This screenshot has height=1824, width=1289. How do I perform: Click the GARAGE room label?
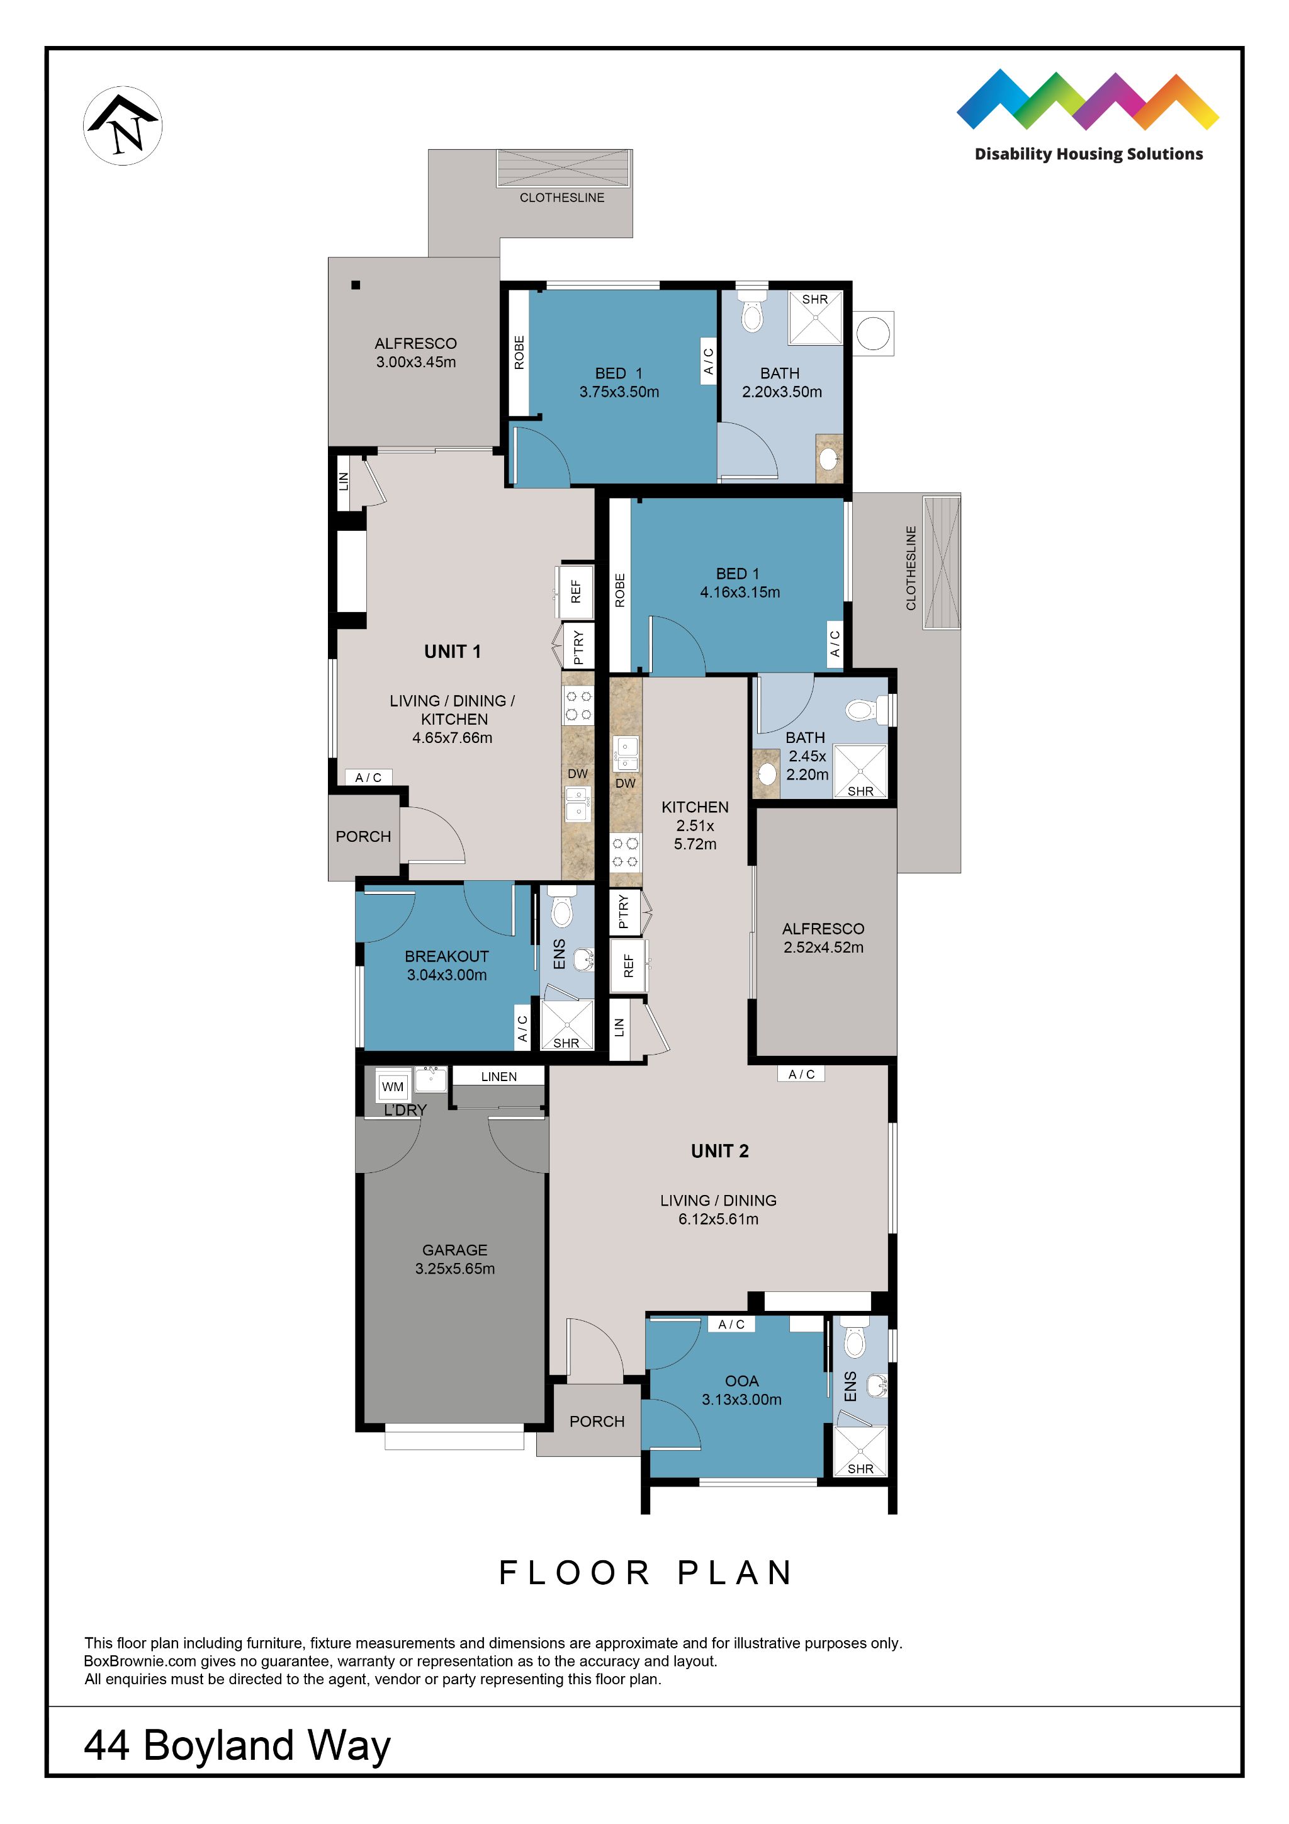click(454, 1250)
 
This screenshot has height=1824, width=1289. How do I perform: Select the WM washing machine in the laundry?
click(392, 1086)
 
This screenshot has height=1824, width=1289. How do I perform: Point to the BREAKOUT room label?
click(446, 956)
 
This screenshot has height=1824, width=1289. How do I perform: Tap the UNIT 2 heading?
click(719, 1151)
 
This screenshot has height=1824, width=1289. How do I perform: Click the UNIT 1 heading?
click(452, 652)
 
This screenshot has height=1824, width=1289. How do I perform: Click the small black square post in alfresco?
click(356, 285)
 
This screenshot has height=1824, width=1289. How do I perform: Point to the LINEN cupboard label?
click(498, 1077)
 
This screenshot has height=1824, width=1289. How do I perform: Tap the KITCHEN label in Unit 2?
click(695, 807)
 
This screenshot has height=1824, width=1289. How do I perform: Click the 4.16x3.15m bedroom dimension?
click(740, 592)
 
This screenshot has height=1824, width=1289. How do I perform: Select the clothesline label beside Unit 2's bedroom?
click(911, 567)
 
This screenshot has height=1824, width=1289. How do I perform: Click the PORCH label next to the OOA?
click(597, 1421)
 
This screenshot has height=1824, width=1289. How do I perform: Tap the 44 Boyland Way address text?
click(237, 1745)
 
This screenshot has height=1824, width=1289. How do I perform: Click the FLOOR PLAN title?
click(645, 1573)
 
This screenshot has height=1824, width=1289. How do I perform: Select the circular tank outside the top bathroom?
click(873, 333)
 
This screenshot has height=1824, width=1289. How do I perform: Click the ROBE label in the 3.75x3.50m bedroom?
click(519, 352)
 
